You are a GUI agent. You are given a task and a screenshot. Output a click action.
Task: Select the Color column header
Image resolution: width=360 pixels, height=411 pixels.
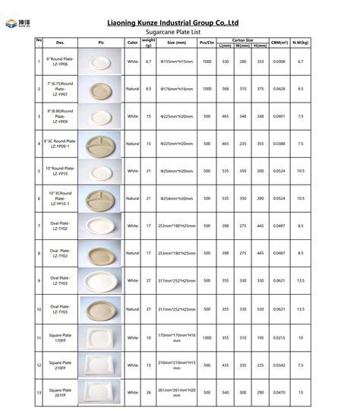coord(132,43)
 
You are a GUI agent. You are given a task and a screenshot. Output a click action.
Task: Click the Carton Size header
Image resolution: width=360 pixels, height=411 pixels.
coord(242,40)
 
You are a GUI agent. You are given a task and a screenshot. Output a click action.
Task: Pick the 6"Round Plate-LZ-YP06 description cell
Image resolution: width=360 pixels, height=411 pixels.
coord(60,61)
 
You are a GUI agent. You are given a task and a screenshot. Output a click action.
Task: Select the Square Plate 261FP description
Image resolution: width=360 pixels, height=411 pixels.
coord(60,392)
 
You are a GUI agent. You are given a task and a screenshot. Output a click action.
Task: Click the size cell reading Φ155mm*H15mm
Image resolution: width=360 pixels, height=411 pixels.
coord(175,61)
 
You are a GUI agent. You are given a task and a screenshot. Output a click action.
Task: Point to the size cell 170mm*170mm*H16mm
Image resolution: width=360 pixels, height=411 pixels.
coord(175,337)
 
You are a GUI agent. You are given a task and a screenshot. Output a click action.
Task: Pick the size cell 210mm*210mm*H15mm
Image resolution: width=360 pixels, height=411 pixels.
coord(175,365)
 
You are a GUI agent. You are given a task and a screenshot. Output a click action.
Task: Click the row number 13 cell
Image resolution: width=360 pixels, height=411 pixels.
coord(39,392)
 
